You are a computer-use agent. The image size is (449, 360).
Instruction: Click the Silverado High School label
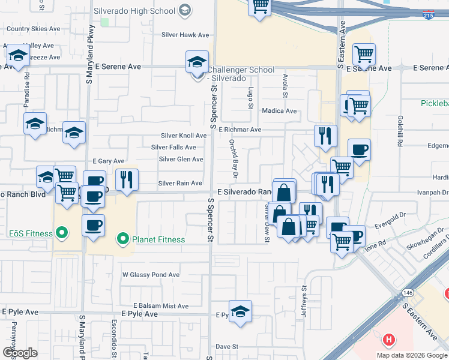[137, 11]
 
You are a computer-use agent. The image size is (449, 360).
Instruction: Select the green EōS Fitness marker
[61, 232]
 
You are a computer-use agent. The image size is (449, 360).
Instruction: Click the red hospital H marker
[389, 340]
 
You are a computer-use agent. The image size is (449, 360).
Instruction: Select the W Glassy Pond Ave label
[151, 275]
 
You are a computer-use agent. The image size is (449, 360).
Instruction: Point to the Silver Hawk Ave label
[185, 35]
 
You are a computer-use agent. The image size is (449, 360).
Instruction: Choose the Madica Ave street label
[279, 111]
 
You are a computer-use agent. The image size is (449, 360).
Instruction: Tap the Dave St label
[228, 347]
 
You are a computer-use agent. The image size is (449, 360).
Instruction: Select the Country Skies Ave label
[34, 29]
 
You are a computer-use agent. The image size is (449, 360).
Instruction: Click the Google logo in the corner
[20, 353]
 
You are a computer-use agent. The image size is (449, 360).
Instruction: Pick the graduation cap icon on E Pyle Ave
[240, 311]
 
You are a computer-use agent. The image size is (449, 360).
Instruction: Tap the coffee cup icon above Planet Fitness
[93, 226]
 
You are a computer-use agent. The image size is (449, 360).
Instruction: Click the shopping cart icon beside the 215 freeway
[260, 7]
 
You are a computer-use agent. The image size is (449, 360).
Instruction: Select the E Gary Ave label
[109, 161]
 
